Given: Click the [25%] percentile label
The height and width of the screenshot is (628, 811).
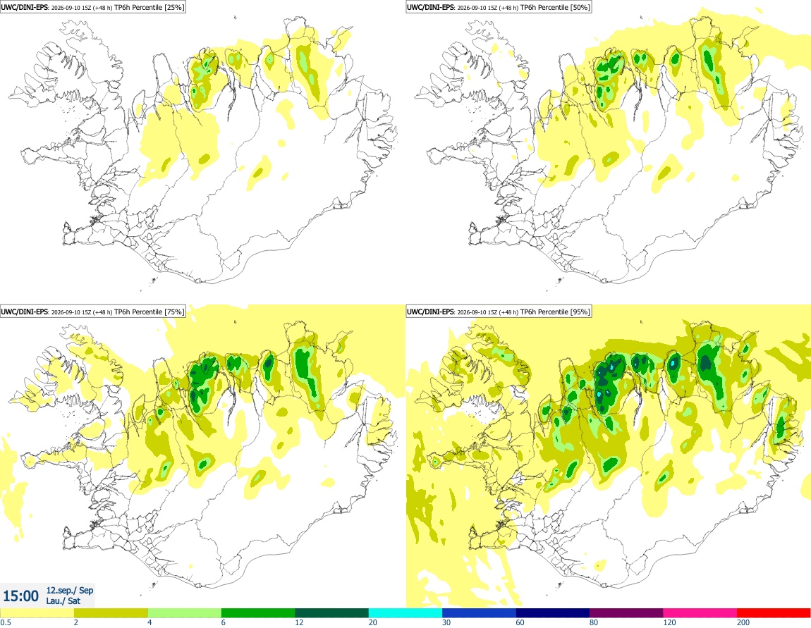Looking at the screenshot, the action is pos(173,7).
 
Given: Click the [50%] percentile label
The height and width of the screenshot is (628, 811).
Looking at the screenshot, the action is pos(580,7).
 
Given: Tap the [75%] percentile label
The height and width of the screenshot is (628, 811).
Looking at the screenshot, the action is pos(173,312).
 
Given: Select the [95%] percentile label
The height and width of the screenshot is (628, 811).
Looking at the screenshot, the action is pos(580,312).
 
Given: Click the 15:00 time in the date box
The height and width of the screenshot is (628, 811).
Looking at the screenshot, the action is pos(20,596).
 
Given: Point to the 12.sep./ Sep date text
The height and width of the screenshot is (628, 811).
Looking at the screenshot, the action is pos(70,590).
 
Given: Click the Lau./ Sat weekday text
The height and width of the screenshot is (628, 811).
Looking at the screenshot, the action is pos(63,601).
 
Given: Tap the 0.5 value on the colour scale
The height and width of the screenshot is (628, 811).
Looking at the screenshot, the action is pos(6,623).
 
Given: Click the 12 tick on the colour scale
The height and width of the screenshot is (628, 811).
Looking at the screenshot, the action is pos(299,623).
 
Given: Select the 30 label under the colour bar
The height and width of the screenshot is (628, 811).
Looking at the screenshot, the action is pos(446,623).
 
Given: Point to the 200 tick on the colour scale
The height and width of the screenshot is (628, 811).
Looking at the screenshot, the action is pos(743,623).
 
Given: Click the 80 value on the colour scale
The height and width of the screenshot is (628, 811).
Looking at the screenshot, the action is pos(594,623).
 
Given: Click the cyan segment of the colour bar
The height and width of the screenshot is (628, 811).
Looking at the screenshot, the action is pos(405,613).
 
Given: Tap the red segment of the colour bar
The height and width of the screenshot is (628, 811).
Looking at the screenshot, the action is pos(774,613).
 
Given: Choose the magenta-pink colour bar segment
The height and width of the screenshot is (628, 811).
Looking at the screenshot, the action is pos(700,613).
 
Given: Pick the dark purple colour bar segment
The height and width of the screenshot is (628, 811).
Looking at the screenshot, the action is pos(626,613).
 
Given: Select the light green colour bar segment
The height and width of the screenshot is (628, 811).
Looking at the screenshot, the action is pos(185,613).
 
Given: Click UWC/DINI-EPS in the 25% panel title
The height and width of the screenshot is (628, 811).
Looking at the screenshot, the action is pos(24,7).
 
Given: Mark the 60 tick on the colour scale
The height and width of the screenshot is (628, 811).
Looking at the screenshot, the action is pos(520,623).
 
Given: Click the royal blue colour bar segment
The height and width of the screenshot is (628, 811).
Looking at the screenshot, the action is pos(479,613).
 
